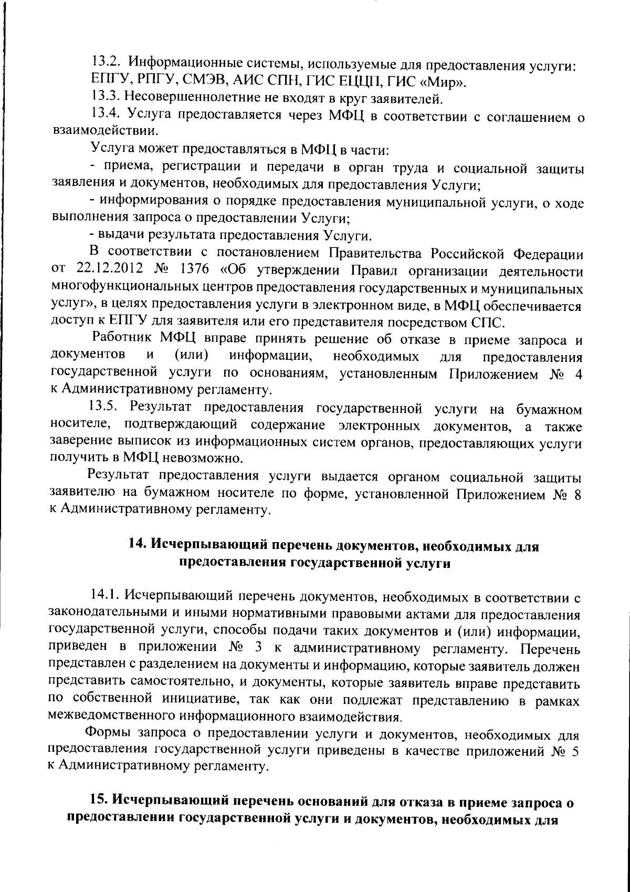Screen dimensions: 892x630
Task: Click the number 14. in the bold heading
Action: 138,546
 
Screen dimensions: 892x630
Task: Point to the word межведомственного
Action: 112,716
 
